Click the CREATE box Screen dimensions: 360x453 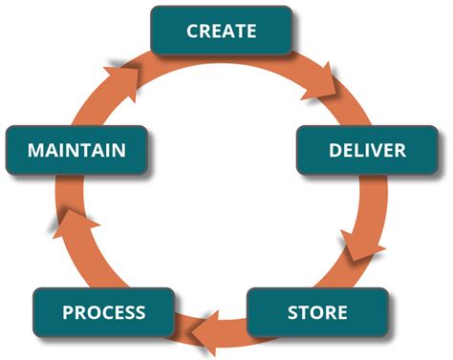pyautogui.click(x=222, y=30)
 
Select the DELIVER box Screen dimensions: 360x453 pyautogui.click(x=366, y=150)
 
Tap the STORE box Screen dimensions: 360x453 pyautogui.click(x=317, y=312)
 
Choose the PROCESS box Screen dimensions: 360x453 pyautogui.click(x=103, y=312)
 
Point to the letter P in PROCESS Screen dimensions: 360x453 pyautogui.click(x=68, y=312)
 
